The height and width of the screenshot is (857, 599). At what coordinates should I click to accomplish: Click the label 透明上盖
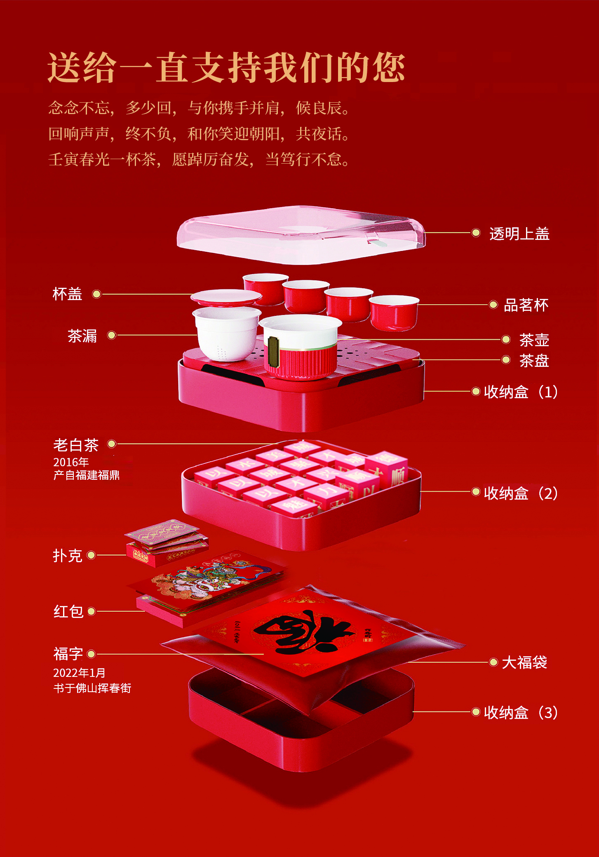[x=519, y=234]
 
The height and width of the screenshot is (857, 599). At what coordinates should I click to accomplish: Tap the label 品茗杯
[x=526, y=305]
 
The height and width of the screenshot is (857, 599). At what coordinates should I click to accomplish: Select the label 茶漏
[x=82, y=336]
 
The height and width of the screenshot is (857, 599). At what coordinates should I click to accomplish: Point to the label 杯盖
[x=67, y=294]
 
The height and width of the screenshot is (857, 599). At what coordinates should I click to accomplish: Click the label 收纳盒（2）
[x=521, y=493]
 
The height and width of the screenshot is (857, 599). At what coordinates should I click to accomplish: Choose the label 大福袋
[x=524, y=662]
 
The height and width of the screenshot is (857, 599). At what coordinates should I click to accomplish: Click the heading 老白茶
[x=76, y=445]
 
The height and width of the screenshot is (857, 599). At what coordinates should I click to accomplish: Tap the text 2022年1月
[x=79, y=673]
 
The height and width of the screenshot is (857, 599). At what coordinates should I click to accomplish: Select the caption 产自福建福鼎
[x=86, y=475]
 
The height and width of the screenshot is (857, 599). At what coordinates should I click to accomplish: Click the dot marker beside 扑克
[x=91, y=555]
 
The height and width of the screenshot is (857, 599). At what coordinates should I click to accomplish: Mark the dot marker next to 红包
[x=92, y=611]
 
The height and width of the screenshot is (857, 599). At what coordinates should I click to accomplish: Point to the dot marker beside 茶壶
[x=506, y=339]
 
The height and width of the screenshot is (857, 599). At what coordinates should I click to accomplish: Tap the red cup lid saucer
[x=226, y=297]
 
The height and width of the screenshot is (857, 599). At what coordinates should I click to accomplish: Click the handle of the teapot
[x=273, y=351]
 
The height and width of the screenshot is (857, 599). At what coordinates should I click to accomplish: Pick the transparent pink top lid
[x=301, y=235]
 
